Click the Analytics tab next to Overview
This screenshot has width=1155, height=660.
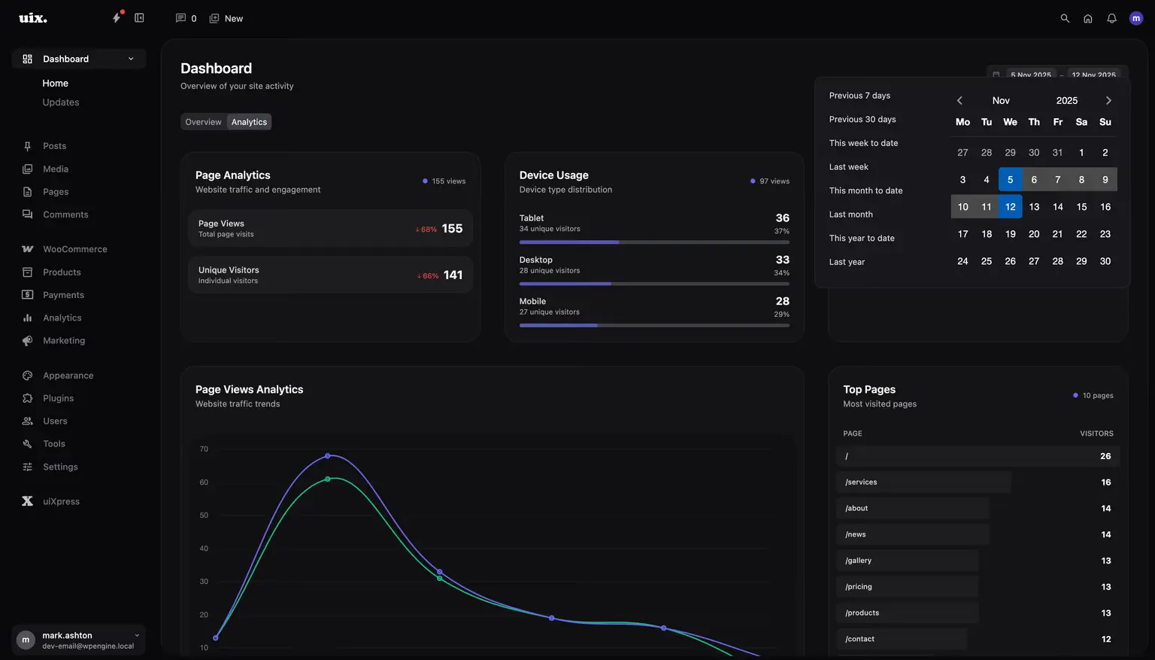[249, 122]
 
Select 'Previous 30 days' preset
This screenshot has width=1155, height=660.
[862, 120]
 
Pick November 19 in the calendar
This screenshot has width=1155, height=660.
[1010, 234]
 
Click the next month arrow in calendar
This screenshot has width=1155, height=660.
[1108, 101]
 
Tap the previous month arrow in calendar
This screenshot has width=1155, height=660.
[959, 101]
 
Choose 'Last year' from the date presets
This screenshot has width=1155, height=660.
[847, 262]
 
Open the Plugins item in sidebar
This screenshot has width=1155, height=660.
[58, 398]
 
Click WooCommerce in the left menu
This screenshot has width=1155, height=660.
[74, 249]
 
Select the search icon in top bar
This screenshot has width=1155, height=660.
[1065, 19]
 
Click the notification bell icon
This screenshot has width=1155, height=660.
[1111, 19]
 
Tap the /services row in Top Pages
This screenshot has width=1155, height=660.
[861, 482]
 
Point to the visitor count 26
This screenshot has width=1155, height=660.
[1105, 456]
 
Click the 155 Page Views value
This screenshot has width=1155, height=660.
[452, 229]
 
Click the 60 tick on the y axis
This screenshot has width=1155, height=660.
[204, 482]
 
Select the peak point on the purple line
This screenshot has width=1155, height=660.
[328, 456]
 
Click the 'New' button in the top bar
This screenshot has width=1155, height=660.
[226, 19]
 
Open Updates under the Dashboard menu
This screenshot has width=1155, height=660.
[61, 102]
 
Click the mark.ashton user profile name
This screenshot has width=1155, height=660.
[67, 635]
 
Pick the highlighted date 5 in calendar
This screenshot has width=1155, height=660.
[1010, 180]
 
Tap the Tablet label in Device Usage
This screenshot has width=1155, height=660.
[531, 218]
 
